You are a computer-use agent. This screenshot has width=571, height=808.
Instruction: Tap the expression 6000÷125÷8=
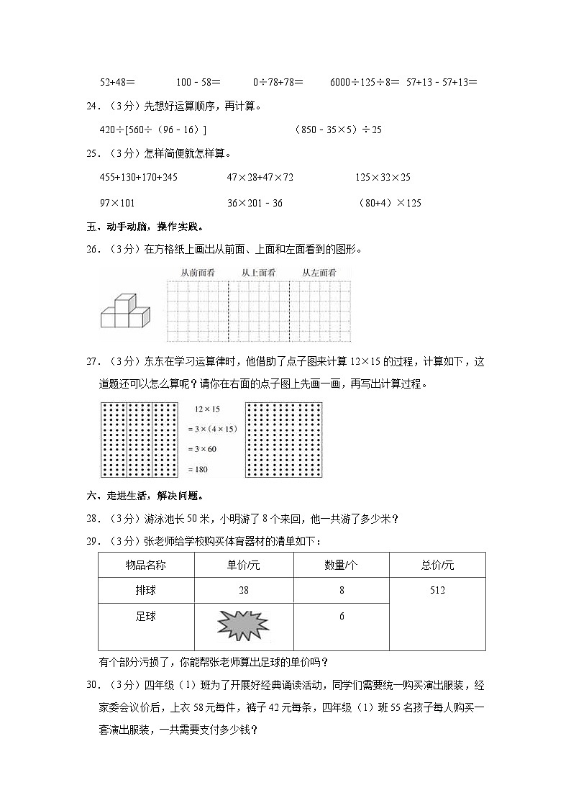(x=365, y=83)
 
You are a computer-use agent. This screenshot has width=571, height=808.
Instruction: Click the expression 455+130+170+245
(x=139, y=177)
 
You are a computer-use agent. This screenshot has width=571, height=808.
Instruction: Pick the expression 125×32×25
(x=383, y=177)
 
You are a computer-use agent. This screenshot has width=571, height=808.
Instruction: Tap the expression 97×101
(x=118, y=203)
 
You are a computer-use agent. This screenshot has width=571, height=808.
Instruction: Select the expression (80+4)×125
(x=389, y=203)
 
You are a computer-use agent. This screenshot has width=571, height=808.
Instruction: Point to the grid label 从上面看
(x=258, y=273)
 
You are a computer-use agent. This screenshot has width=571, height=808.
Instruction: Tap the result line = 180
(x=201, y=469)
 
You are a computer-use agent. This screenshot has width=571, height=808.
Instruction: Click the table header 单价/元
(x=243, y=566)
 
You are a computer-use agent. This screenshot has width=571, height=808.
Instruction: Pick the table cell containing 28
(x=243, y=591)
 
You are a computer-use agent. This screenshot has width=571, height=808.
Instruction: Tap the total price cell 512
(x=437, y=591)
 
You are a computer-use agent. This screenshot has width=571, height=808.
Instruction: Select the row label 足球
(x=146, y=617)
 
